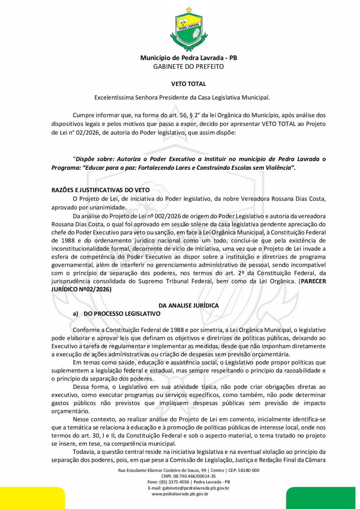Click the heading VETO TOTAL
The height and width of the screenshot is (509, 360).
[x=189, y=84]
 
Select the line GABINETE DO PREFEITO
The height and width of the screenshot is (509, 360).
[x=189, y=67]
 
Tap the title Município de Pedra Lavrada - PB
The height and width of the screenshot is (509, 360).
[x=189, y=58]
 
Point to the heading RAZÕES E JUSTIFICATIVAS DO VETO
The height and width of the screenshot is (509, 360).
[x=100, y=190]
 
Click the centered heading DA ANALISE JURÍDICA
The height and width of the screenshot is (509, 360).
[x=189, y=305]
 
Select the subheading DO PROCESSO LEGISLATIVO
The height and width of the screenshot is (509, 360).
[x=122, y=314]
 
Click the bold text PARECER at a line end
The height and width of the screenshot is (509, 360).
[x=313, y=281]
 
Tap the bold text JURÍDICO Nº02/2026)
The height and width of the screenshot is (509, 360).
[x=81, y=289]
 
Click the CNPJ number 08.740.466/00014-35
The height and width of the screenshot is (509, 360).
[x=194, y=476]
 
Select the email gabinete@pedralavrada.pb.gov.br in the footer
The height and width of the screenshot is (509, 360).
[x=196, y=488]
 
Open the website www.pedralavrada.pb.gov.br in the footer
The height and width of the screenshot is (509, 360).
[x=180, y=494]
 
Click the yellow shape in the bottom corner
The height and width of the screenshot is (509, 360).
[x=32, y=498]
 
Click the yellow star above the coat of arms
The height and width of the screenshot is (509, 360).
[x=189, y=10]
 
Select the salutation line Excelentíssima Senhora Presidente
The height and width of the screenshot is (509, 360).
[x=182, y=97]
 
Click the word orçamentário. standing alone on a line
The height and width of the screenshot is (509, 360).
[x=71, y=411]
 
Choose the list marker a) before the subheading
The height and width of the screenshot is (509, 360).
[x=75, y=314]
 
